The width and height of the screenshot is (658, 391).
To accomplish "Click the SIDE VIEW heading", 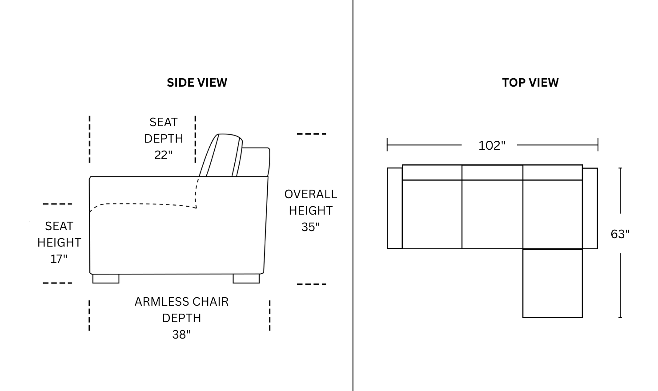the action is [197, 83].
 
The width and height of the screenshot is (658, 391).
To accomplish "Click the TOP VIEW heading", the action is [530, 83].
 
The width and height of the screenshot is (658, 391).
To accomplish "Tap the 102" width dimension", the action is [492, 146].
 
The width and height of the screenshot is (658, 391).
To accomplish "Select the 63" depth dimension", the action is [620, 234].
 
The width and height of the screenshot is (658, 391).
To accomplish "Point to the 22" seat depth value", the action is [163, 155].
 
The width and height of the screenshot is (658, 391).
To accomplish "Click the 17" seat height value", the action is [59, 259].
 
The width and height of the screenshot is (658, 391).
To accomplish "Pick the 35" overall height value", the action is [310, 227].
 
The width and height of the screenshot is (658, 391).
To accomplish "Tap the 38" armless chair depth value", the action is [181, 334].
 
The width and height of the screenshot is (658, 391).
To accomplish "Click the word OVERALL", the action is [310, 194].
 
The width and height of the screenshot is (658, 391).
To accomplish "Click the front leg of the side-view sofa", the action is [106, 279].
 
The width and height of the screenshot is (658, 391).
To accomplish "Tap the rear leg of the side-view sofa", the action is [246, 279].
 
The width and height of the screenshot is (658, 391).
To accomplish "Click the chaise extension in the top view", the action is [553, 283].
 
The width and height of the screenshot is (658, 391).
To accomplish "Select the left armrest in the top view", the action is [394, 208].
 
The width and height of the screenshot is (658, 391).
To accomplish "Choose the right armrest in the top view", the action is [590, 208].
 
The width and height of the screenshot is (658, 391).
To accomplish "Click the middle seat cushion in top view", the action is [492, 214].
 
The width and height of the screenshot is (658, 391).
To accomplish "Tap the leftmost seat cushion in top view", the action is [432, 214].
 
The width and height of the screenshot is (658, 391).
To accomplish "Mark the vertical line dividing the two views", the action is [353, 195].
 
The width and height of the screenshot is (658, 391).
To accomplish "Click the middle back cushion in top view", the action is [492, 172].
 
